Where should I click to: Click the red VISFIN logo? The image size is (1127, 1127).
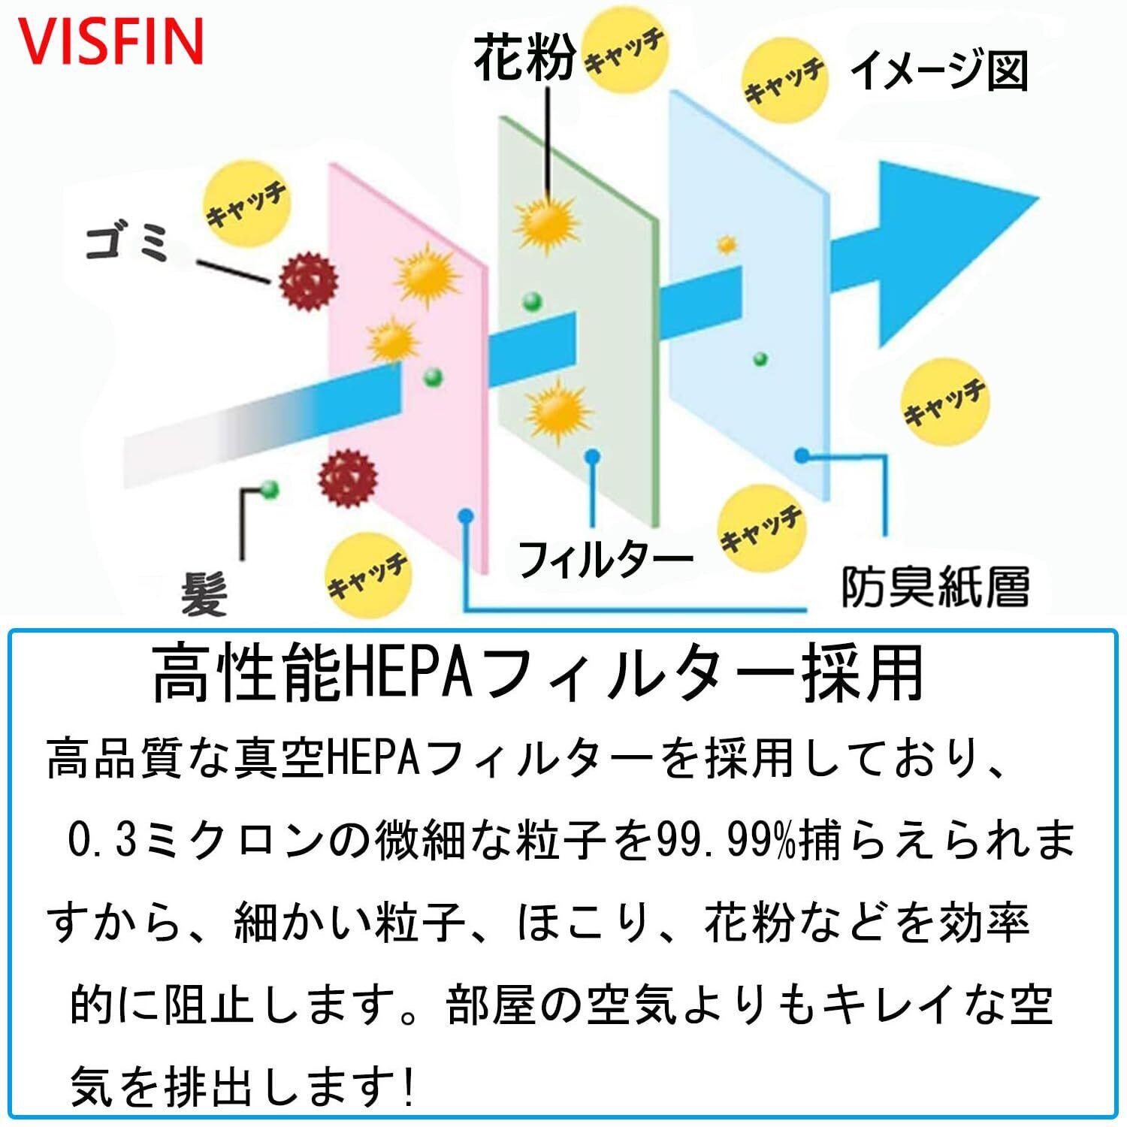(110, 41)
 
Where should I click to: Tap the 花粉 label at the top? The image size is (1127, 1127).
(525, 59)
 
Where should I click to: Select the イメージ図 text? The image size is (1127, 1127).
(939, 72)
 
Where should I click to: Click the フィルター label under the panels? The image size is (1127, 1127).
(605, 560)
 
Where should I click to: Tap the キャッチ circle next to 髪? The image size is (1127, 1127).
(368, 575)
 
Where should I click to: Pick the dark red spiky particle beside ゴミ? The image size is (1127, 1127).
(308, 281)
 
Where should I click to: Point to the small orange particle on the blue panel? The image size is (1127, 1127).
(727, 244)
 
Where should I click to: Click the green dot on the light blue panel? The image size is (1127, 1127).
(760, 359)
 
